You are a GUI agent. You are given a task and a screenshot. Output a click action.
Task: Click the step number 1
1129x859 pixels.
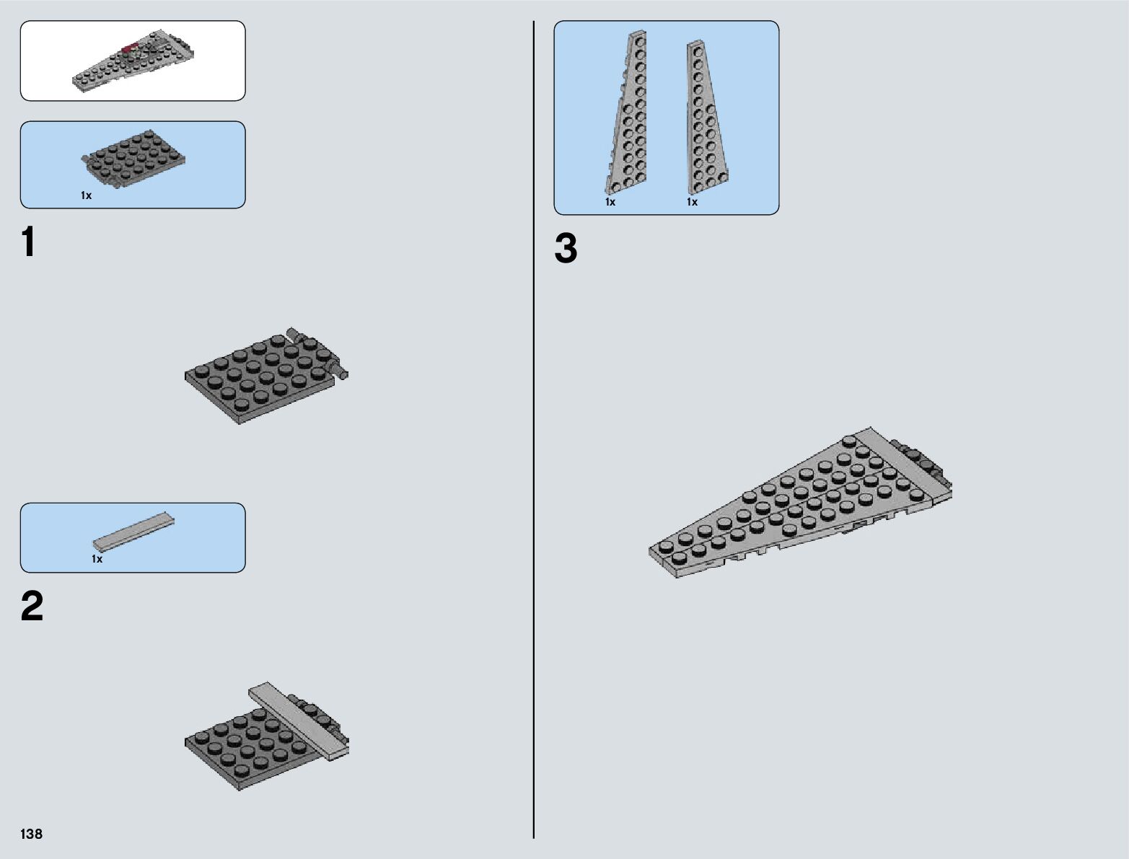(28, 242)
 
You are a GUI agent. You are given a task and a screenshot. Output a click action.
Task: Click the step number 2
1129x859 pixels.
(32, 607)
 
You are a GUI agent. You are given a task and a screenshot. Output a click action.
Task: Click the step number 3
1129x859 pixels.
(566, 249)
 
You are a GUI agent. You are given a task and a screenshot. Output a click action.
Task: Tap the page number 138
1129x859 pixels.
(32, 834)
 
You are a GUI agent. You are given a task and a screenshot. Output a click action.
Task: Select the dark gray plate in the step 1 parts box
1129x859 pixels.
(134, 158)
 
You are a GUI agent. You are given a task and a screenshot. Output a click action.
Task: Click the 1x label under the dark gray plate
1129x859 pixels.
(86, 196)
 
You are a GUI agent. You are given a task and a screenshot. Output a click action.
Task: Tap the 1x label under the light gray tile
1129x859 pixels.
(97, 559)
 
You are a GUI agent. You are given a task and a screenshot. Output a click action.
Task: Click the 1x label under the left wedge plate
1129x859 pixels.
(610, 202)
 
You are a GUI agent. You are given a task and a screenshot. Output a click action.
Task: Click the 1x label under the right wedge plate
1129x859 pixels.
(692, 202)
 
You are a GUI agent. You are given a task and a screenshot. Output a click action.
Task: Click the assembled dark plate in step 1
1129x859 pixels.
(260, 379)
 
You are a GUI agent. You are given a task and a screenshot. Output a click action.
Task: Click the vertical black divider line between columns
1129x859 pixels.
(534, 433)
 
